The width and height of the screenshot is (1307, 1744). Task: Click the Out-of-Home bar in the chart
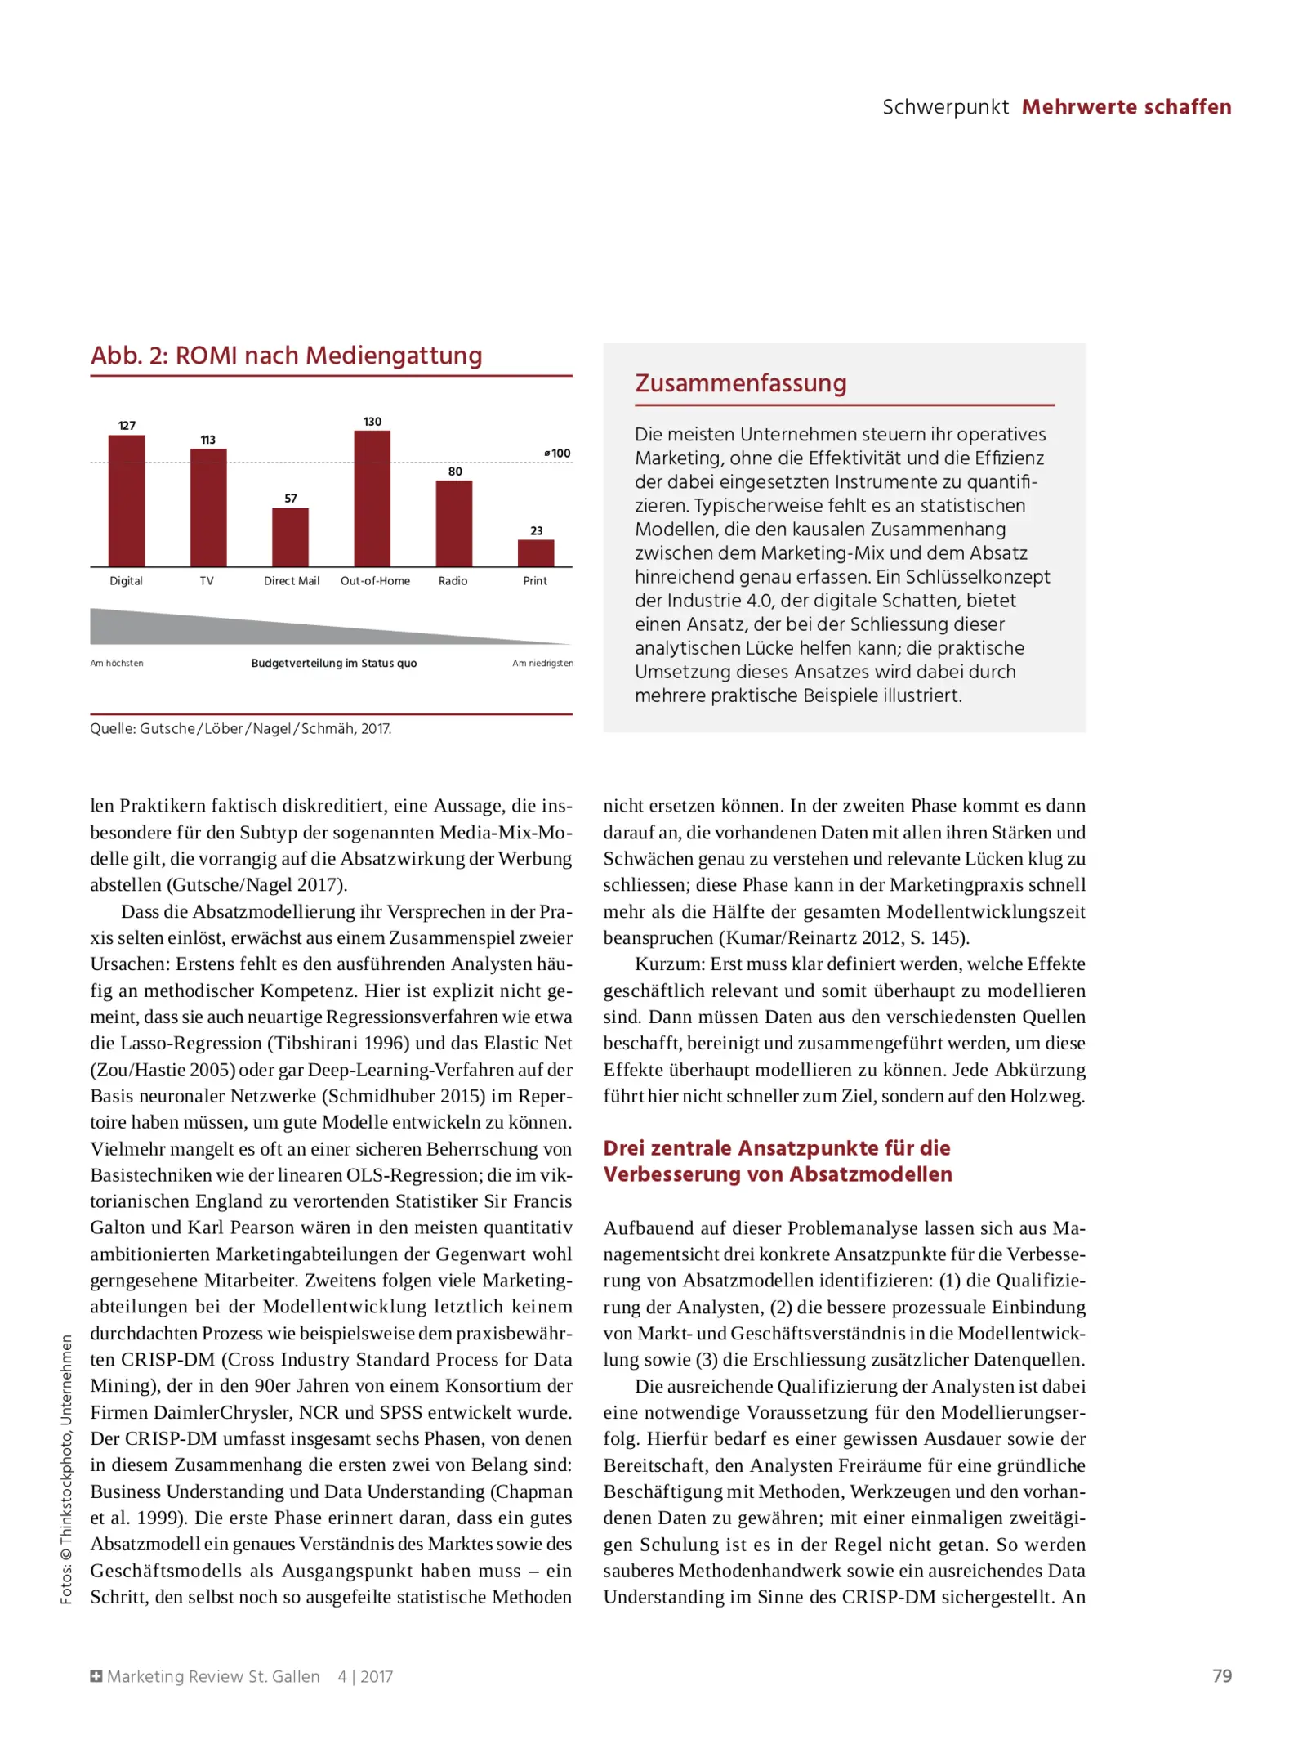click(372, 499)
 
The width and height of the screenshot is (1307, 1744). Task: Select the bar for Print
click(536, 553)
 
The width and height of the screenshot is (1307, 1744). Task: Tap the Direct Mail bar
click(290, 537)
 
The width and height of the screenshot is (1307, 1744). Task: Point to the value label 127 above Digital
click(127, 425)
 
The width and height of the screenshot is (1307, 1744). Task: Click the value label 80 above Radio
click(455, 472)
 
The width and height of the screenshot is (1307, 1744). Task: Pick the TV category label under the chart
click(207, 581)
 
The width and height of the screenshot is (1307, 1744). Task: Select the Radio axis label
click(453, 581)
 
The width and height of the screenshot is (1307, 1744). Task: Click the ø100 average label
click(558, 454)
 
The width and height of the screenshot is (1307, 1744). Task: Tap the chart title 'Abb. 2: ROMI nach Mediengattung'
click(286, 356)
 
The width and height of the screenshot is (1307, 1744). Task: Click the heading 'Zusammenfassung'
click(740, 383)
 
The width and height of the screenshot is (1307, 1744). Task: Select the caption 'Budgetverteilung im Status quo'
click(333, 663)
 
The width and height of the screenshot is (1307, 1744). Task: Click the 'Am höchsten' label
click(117, 663)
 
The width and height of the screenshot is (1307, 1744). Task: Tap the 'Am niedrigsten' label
click(542, 663)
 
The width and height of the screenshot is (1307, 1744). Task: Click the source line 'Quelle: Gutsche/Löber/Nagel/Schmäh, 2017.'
click(240, 728)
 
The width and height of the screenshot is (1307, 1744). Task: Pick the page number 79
click(1221, 1676)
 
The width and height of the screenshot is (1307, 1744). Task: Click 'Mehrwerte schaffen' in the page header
click(1126, 107)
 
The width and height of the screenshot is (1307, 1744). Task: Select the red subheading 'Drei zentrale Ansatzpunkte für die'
click(776, 1148)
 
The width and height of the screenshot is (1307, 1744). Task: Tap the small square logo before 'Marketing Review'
click(96, 1676)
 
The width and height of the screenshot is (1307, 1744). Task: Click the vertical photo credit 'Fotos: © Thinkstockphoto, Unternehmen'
click(66, 1469)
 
